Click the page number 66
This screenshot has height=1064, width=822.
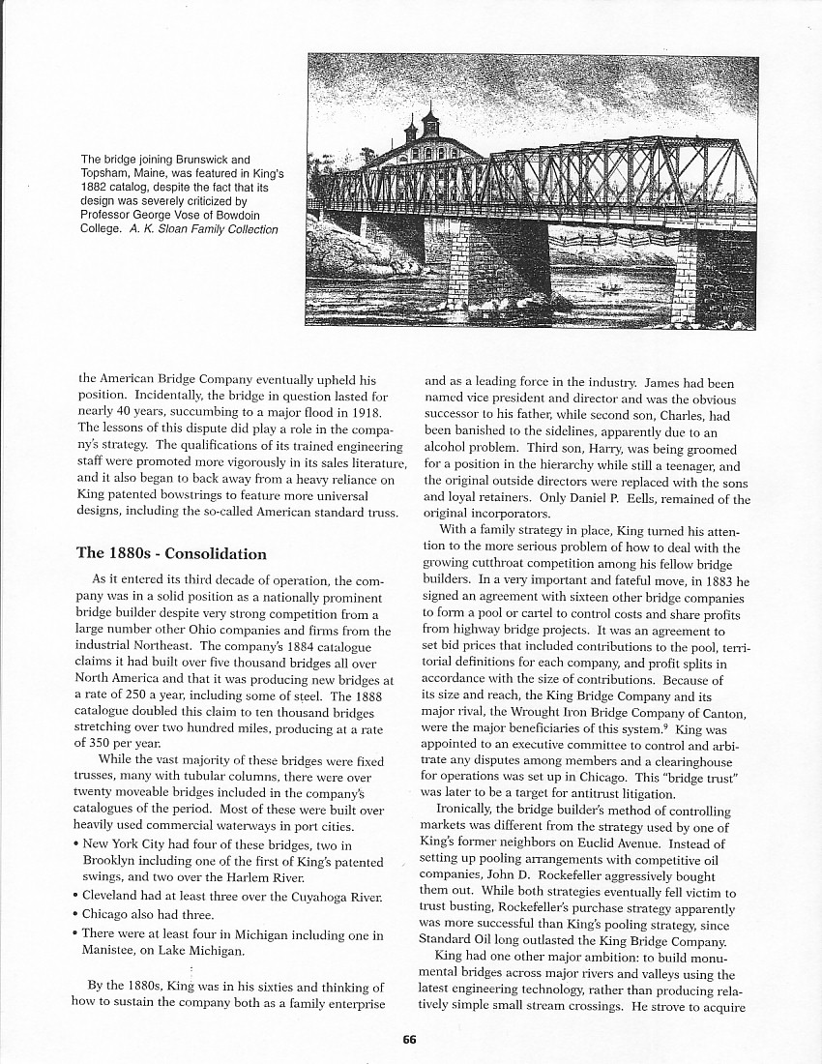pyautogui.click(x=409, y=1039)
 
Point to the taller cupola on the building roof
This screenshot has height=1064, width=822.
pyautogui.click(x=427, y=124)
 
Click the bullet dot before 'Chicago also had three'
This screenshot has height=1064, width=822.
pyautogui.click(x=75, y=914)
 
